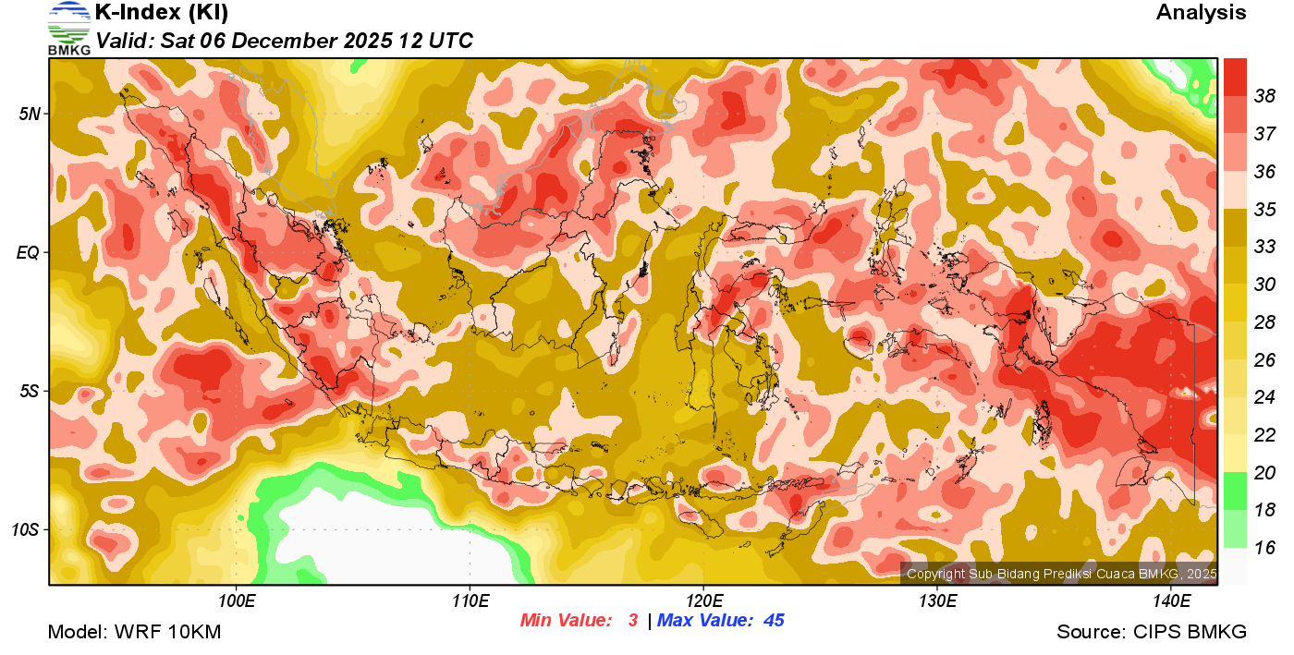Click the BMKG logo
pos(69,28)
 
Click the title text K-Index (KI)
pos(162,13)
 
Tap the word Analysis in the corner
pos(1201,13)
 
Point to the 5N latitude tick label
pos(30,114)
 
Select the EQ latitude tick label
pos(29,252)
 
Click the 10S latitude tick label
pos(26,529)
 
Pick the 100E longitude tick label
pos(237,601)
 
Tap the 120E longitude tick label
pos(703,601)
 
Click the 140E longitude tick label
pos(1171,601)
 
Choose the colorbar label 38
pos(1264,96)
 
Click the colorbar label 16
pos(1264,548)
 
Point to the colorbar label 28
pos(1264,322)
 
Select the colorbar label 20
pos(1264,473)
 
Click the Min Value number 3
pos(633,621)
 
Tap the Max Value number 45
pos(774,621)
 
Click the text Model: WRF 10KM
pos(134,633)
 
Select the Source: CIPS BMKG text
pos(1152,633)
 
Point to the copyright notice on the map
pos(1061,575)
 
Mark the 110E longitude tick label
pos(470,601)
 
